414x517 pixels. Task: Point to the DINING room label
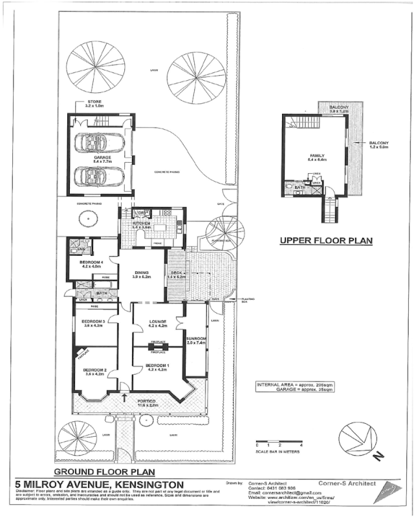tap(142, 273)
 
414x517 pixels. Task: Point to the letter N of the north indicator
tap(379, 455)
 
